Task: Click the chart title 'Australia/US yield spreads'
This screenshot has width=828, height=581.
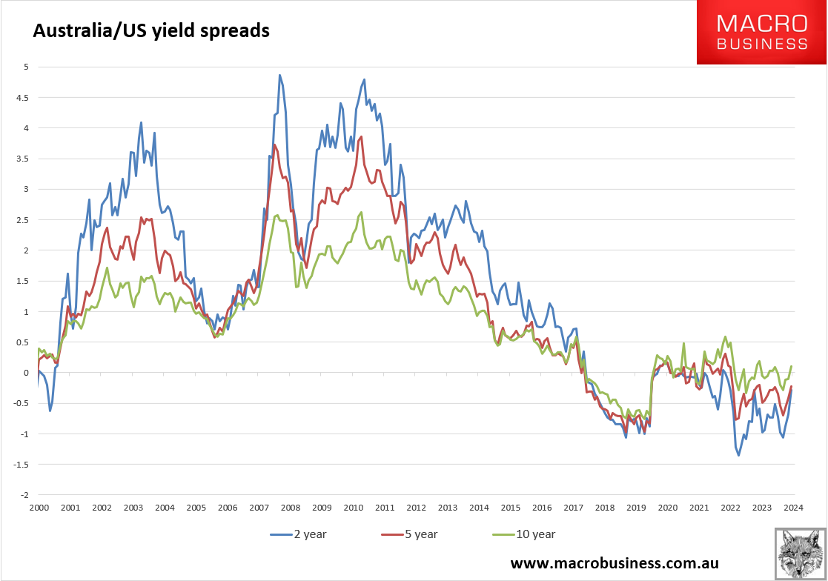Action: pos(149,31)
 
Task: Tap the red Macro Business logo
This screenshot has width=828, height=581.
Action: pos(761,33)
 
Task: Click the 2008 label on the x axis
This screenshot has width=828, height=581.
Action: pos(290,508)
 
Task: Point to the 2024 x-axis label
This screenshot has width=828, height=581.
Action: pos(793,508)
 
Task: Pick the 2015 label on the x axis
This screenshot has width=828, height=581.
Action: pos(510,508)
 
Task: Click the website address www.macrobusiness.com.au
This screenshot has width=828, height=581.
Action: pos(615,563)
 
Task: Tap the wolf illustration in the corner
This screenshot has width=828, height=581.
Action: pos(800,554)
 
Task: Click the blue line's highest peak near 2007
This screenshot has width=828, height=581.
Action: pos(279,75)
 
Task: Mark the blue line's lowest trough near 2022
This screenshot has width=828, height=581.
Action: pos(738,455)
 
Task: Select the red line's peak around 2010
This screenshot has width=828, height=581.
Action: pos(362,137)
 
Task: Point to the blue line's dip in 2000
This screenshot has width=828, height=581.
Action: pos(50,411)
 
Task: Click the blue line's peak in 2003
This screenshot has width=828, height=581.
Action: pos(141,122)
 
